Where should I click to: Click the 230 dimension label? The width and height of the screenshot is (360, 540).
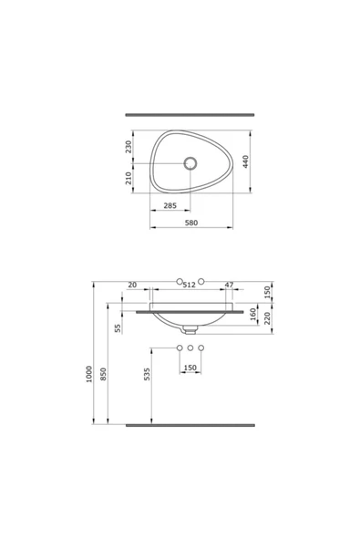129,147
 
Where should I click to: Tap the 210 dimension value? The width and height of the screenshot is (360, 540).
129,178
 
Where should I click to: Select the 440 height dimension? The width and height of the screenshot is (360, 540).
245,161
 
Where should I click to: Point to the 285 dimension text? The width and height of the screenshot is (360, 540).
170,205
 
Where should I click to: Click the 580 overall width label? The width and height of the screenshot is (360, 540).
191,223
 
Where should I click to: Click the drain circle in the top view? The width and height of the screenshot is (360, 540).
190,163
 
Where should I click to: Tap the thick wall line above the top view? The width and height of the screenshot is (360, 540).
190,115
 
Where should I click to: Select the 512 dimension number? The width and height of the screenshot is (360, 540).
190,285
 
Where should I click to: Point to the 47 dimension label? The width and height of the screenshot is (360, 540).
229,285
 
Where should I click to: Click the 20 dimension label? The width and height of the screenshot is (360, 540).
132,285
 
